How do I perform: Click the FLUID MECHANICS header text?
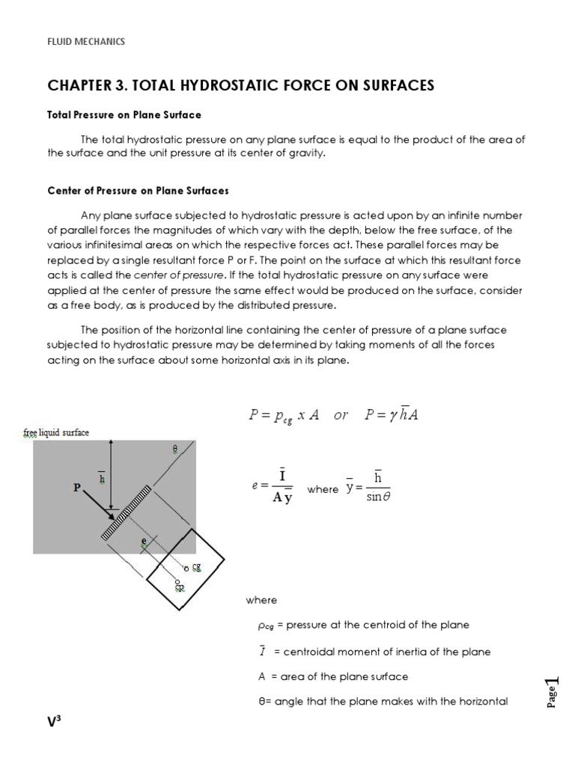[86, 42]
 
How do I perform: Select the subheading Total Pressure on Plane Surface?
[124, 115]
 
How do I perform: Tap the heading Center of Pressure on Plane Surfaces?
[138, 191]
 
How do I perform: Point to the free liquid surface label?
[56, 433]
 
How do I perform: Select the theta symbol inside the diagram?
[175, 450]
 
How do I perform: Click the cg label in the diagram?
[196, 568]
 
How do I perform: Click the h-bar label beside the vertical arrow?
[102, 476]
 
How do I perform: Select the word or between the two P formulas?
[341, 416]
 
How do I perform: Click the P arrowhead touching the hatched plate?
[112, 516]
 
